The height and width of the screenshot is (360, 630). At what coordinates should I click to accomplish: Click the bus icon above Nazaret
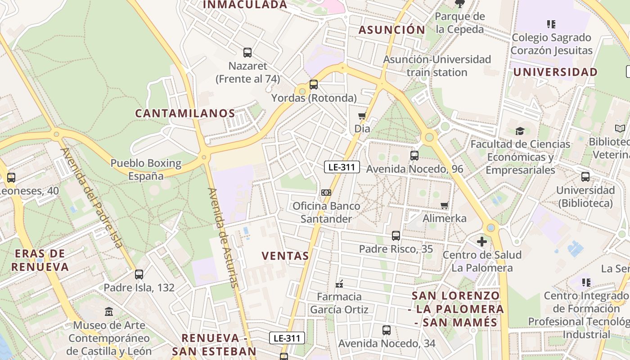[247, 53]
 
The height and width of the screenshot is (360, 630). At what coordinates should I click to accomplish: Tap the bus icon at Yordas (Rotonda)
[314, 84]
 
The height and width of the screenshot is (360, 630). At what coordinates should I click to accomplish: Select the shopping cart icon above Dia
[362, 116]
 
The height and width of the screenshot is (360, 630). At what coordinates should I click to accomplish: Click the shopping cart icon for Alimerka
[445, 206]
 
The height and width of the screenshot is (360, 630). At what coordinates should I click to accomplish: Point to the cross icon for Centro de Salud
[482, 242]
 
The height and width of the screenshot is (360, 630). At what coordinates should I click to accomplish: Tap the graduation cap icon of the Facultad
[520, 131]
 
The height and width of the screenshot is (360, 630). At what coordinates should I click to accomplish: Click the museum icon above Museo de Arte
[109, 311]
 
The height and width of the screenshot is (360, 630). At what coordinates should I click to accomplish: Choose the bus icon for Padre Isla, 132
[139, 274]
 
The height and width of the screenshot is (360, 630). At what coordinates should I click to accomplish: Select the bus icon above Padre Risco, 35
[396, 235]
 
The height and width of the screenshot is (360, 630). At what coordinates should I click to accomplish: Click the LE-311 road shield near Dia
[342, 167]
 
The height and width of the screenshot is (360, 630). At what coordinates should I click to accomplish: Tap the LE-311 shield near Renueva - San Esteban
[287, 338]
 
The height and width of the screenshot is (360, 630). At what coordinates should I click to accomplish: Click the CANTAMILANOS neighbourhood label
[185, 113]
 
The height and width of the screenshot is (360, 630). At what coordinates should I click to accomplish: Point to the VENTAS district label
[285, 256]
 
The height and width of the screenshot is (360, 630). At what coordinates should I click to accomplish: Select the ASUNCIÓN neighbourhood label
[391, 30]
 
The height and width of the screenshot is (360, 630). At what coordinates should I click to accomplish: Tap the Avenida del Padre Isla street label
[92, 198]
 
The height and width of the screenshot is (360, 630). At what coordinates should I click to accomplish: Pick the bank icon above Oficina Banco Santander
[326, 193]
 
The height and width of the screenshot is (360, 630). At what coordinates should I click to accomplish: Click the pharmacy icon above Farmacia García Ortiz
[339, 284]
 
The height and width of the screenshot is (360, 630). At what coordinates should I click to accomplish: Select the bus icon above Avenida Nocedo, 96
[414, 156]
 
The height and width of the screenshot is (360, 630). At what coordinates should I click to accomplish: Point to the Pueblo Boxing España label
[146, 169]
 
